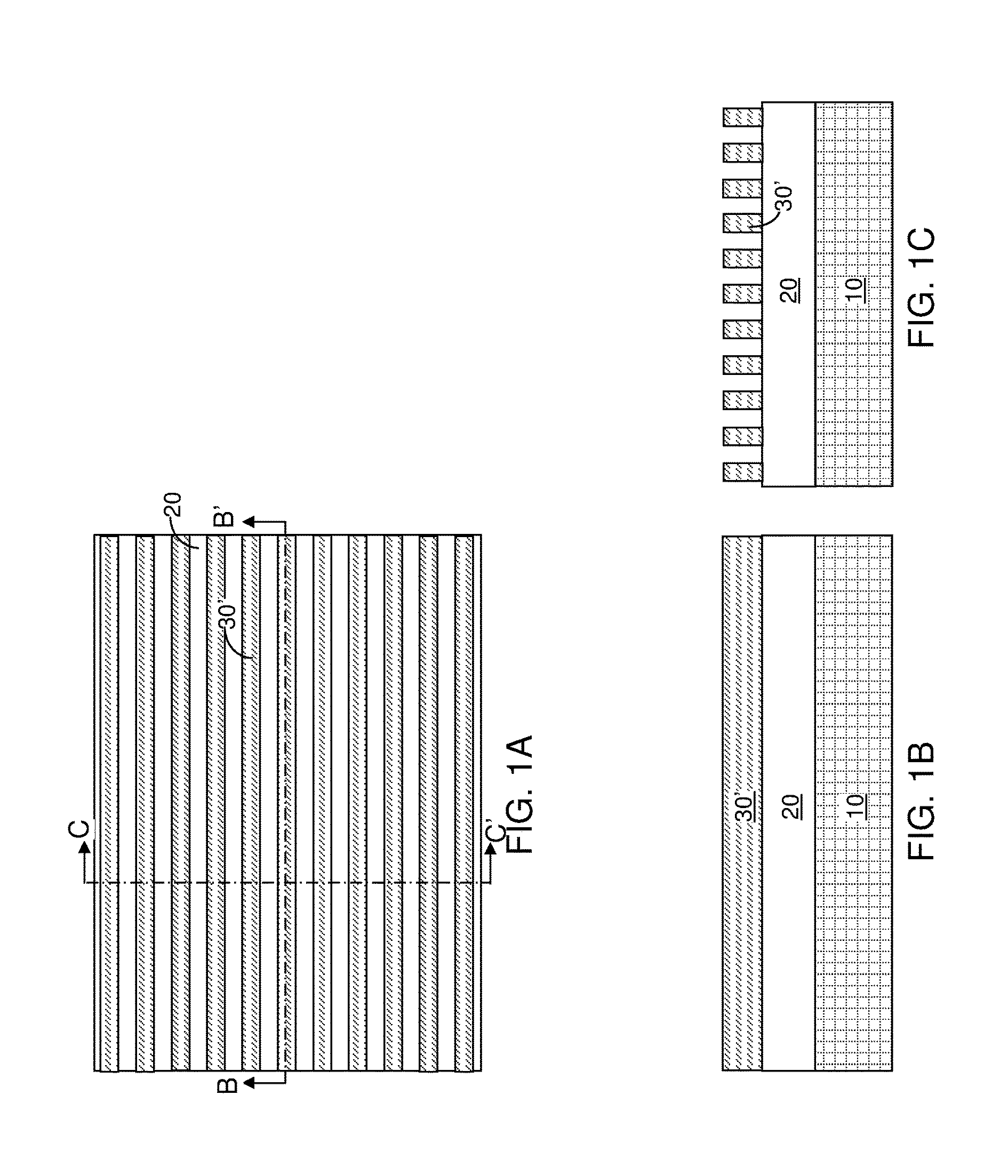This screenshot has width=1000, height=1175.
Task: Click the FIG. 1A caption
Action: click(x=519, y=794)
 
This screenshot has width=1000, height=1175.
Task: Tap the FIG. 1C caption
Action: click(x=921, y=287)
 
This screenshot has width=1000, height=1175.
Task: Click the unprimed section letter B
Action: click(x=227, y=1085)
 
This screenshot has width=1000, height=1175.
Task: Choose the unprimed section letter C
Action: click(x=79, y=829)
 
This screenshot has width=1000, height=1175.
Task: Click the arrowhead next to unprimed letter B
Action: click(x=249, y=1083)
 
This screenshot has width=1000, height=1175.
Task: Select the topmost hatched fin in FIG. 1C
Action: click(x=742, y=117)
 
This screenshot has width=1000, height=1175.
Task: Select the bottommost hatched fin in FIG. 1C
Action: click(x=742, y=471)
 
